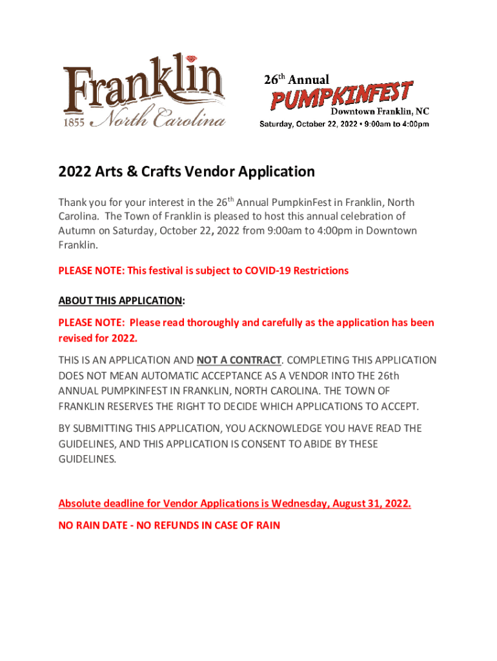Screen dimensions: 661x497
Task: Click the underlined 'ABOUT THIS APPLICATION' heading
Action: [120, 301]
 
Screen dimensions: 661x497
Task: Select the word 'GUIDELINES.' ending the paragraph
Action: [88, 460]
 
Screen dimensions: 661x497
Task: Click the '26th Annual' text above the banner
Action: [296, 80]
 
